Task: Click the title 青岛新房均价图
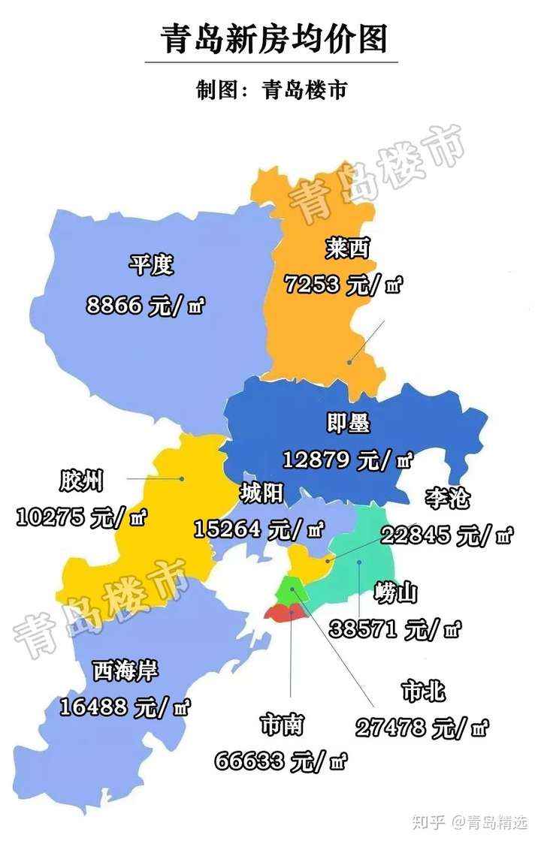[274, 38]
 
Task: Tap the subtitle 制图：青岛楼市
[271, 90]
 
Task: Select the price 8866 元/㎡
[147, 306]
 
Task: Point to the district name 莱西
[348, 247]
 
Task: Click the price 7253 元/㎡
[343, 285]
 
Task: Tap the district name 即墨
[349, 424]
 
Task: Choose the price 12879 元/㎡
[348, 459]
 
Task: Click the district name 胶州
[81, 481]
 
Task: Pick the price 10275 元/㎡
[81, 517]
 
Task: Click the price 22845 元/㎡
[447, 535]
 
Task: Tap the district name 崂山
[395, 593]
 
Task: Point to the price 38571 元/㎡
[395, 629]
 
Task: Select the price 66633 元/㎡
[281, 761]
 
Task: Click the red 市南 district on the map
[284, 613]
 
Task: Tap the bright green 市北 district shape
[288, 589]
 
